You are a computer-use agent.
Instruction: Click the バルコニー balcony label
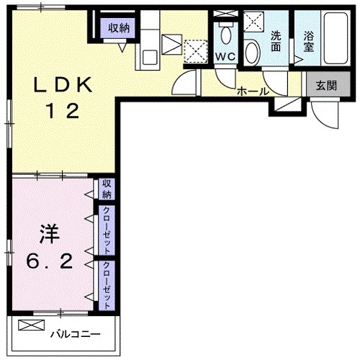74,334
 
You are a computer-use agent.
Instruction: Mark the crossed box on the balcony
31,325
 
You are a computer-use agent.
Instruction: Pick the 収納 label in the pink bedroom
107,189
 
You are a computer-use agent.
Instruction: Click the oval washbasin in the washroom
253,51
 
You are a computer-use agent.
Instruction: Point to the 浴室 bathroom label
308,40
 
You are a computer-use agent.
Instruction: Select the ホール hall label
253,91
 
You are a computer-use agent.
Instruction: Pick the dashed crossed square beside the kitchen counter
195,50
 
